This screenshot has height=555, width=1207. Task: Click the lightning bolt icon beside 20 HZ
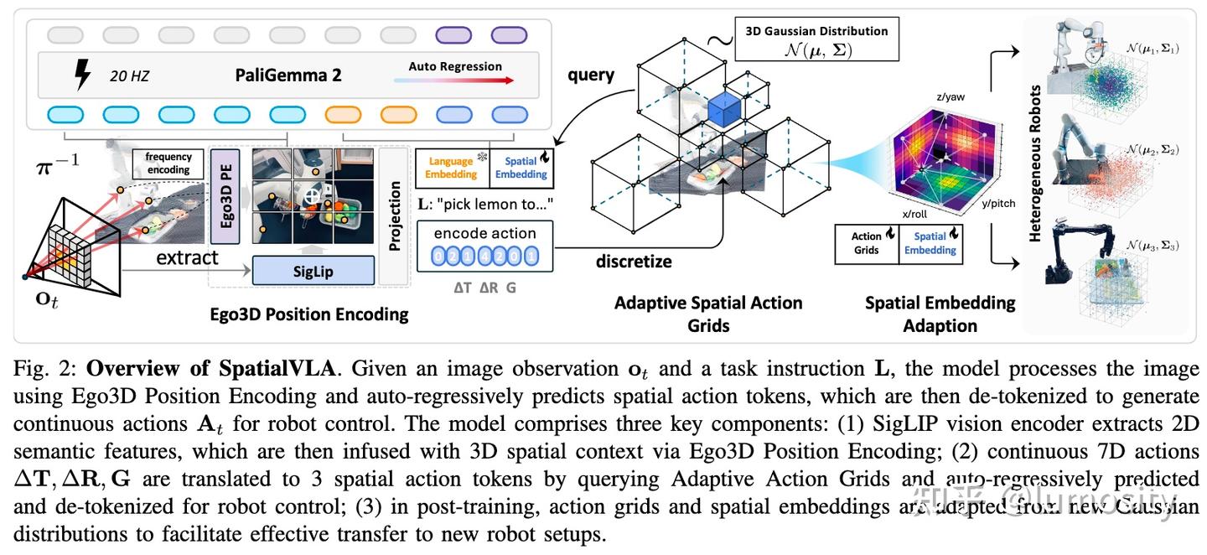pyautogui.click(x=82, y=75)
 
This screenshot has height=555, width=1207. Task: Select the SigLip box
pyautogui.click(x=313, y=270)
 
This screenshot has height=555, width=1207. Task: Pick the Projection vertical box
pyautogui.click(x=394, y=216)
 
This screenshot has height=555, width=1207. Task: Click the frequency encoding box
pyautogui.click(x=168, y=163)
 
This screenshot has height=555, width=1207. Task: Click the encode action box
pyautogui.click(x=485, y=245)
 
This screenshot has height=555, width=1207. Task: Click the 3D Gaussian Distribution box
pyautogui.click(x=816, y=39)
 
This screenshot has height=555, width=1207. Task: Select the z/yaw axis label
pyautogui.click(x=951, y=97)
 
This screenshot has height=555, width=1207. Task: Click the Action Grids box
pyautogui.click(x=866, y=243)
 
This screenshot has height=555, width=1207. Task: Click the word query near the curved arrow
pyautogui.click(x=591, y=75)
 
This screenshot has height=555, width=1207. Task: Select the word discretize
pyautogui.click(x=634, y=262)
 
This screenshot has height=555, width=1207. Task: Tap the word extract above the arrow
pyautogui.click(x=187, y=257)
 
